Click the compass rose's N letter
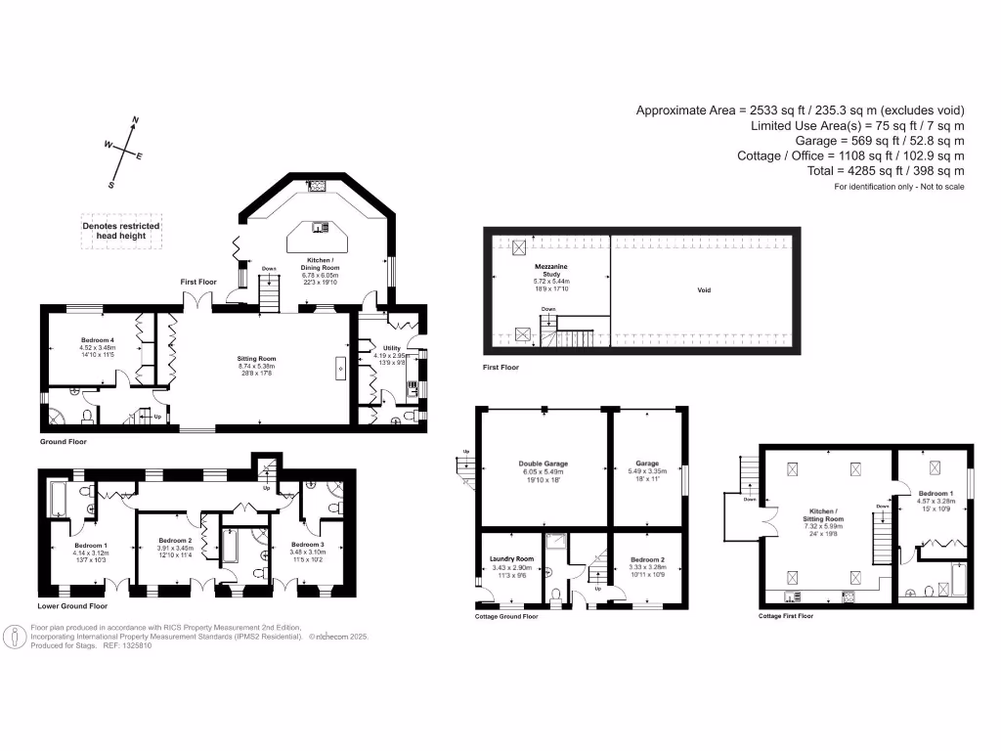tap(134, 119)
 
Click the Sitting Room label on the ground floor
tap(260, 359)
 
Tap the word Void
tap(704, 290)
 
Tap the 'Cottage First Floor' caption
tap(785, 616)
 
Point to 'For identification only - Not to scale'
tap(898, 187)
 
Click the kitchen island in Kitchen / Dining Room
tap(320, 230)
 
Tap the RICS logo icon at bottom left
tap(16, 638)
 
